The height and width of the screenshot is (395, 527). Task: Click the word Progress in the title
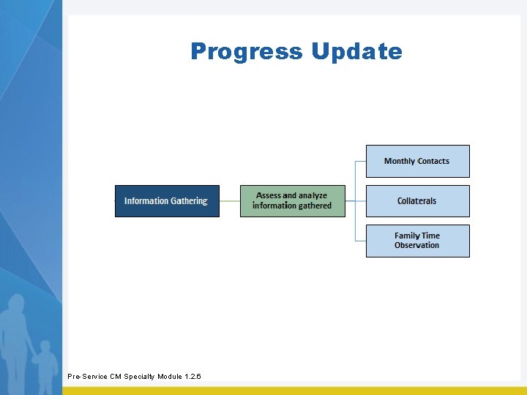point(246,52)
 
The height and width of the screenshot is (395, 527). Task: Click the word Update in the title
point(356,52)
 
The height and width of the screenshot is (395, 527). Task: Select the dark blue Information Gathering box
point(167,201)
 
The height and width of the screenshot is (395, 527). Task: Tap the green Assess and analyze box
point(292,201)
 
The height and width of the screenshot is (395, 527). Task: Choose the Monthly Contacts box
point(417,161)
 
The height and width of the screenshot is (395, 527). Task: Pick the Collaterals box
point(417,201)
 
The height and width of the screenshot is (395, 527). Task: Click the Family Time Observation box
point(417,241)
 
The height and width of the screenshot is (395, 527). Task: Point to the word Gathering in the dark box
point(190,201)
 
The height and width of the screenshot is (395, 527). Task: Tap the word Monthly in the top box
point(400,161)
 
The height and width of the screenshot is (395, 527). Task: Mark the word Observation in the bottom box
point(416,246)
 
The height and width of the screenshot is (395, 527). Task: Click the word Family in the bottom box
point(406,236)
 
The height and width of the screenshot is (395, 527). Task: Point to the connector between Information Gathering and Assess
point(230,201)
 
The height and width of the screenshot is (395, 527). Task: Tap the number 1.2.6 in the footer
point(193,377)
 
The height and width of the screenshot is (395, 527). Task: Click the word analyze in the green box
point(313,196)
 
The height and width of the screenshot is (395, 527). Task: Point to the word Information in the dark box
point(146,201)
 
